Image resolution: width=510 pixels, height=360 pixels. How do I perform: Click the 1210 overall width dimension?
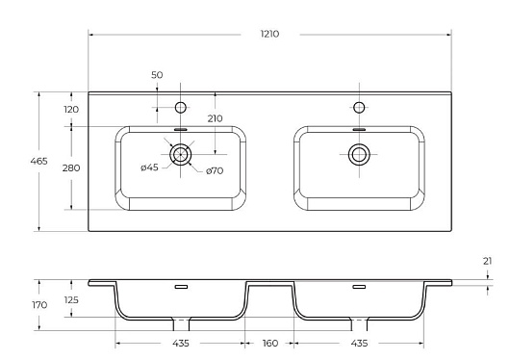click(269, 34)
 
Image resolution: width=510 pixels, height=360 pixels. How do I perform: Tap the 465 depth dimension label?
click(38, 161)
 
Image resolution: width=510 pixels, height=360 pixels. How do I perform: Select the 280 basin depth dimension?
click(71, 167)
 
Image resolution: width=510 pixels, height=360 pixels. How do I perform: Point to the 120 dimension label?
click(71, 110)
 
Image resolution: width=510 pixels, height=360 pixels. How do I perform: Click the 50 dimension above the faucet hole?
click(157, 75)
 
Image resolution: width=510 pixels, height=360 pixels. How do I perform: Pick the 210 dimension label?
click(215, 118)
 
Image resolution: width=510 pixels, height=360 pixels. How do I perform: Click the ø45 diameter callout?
click(149, 167)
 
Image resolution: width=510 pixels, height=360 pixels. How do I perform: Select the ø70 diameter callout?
click(215, 170)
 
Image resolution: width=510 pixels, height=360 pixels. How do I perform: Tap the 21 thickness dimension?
click(487, 261)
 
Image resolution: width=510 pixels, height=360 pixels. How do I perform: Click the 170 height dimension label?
click(39, 305)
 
